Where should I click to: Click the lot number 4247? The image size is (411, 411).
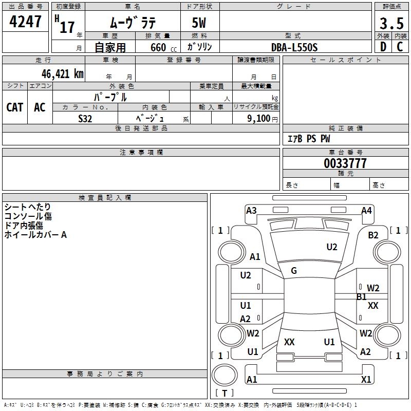25,22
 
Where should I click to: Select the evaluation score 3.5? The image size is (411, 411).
390,24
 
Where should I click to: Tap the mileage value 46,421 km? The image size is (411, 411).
56,74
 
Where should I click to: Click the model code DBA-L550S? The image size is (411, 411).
294,47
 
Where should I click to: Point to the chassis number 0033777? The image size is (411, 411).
345,164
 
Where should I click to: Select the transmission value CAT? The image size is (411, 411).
14,107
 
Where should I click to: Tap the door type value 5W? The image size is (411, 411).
199,24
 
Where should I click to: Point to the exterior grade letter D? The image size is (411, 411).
383,47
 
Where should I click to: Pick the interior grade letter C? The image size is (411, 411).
400,47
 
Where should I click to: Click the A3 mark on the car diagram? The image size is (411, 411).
251,211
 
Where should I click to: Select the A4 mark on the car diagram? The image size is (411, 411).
366,211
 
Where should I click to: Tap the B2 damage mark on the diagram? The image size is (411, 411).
373,235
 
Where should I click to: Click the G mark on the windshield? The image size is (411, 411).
294,271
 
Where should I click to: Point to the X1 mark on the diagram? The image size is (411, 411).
366,379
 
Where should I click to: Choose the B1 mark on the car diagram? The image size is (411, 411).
362,296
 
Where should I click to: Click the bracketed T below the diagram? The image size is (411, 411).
224,393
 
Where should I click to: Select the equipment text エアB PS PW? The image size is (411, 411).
308,139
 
